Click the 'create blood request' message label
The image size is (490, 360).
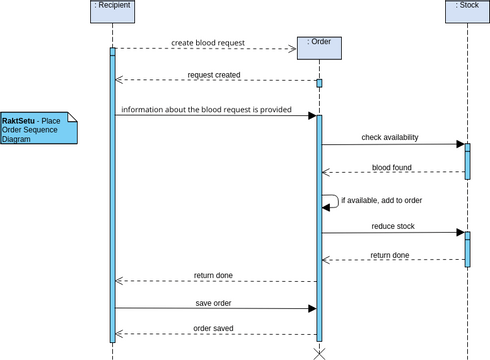207,44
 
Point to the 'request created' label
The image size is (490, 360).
213,75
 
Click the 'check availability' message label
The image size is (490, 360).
390,137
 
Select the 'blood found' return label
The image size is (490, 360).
392,167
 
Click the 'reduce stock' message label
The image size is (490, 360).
392,226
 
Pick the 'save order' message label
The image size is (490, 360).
214,302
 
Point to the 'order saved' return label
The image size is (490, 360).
214,327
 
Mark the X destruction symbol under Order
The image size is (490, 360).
320,353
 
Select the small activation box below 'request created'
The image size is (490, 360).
319,83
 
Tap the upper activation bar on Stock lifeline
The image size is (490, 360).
467,159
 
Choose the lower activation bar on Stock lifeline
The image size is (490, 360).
467,249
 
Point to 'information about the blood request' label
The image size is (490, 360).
206,109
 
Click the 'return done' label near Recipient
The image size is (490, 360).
214,275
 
